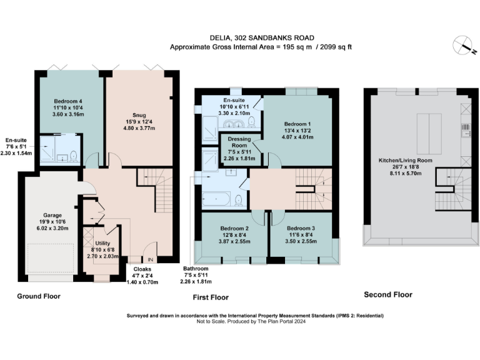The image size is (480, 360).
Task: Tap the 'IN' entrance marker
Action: pyautogui.click(x=150, y=259)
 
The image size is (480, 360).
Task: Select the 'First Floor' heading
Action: pyautogui.click(x=210, y=297)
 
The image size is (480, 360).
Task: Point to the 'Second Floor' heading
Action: pyautogui.click(x=388, y=294)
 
